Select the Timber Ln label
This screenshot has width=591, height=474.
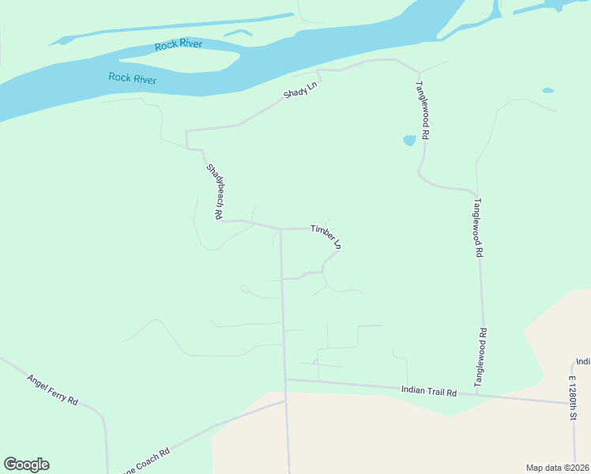coord(326,236)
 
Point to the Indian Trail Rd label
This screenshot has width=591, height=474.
coord(429,391)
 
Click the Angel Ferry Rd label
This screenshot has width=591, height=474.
coord(53,389)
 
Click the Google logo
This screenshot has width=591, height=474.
coord(26,465)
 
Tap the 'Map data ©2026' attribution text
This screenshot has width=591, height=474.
coord(557,468)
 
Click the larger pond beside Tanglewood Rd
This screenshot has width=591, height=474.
coord(409,141)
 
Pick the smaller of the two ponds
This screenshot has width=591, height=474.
coord(548,91)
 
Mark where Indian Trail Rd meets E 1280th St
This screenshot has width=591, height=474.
coord(573,403)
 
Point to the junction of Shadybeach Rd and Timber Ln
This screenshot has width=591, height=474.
coord(280,229)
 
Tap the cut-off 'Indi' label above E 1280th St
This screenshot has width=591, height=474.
coord(583,361)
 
